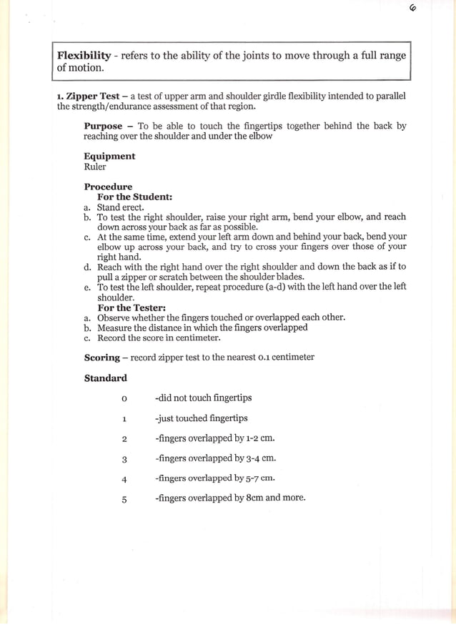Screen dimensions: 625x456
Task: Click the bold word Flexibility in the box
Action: (x=84, y=56)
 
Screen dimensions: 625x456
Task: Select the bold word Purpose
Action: (x=103, y=126)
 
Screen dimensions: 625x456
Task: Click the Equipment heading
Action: (x=109, y=156)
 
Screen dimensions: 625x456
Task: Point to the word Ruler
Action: (x=95, y=167)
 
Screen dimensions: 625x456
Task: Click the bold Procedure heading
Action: (x=108, y=187)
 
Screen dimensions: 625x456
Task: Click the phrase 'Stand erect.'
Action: (x=120, y=207)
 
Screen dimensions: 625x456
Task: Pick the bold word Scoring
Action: (x=101, y=357)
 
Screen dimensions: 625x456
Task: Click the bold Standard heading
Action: (x=105, y=378)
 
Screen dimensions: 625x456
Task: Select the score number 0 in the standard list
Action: (x=124, y=398)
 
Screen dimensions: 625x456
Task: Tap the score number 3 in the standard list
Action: (x=124, y=459)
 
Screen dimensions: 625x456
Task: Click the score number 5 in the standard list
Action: (x=124, y=500)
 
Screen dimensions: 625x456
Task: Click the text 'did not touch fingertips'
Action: (x=203, y=398)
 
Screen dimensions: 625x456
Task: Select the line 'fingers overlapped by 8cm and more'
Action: (x=229, y=498)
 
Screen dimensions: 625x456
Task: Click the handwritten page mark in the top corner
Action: (x=413, y=9)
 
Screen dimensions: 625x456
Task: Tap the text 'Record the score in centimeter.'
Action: (x=159, y=338)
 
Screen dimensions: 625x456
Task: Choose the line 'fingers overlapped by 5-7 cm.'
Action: (x=214, y=478)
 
